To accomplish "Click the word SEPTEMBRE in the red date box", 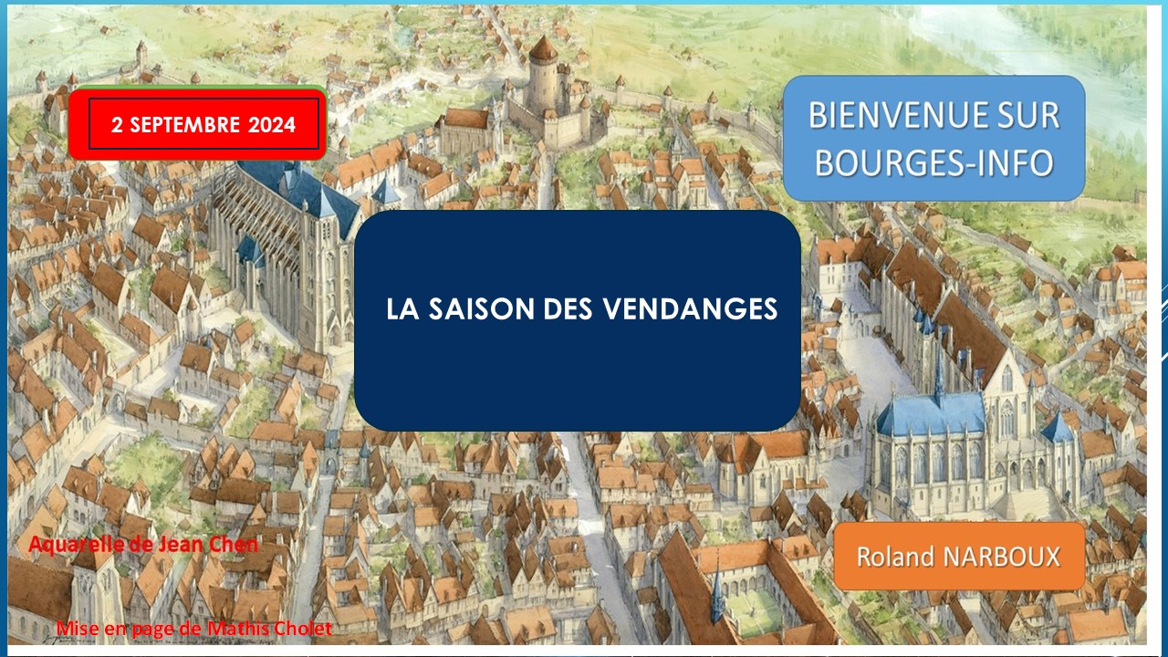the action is click(x=184, y=125).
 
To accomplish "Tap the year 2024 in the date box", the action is click(x=272, y=125).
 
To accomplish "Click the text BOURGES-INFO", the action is click(x=934, y=162).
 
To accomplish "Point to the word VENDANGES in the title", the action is click(x=691, y=308).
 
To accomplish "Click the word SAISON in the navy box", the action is click(x=481, y=308).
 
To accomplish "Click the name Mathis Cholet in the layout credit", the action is click(x=269, y=629).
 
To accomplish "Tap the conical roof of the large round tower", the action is click(x=543, y=48).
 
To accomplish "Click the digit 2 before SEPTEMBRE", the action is click(x=117, y=125).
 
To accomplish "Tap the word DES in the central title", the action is click(x=568, y=308).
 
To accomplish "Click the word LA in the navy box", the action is click(x=402, y=308).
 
